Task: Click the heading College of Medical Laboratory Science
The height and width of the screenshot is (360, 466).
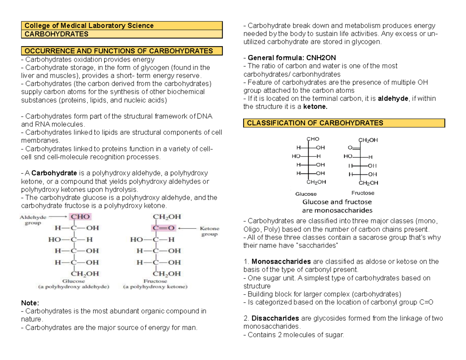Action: click(89, 26)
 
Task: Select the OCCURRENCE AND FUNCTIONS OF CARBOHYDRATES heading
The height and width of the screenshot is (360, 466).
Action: click(119, 51)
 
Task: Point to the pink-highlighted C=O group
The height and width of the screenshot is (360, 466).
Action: click(164, 228)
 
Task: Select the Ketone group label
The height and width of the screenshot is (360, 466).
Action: click(209, 231)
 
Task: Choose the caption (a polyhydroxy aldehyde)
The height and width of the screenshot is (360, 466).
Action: click(73, 287)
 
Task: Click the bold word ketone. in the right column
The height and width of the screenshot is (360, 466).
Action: click(316, 107)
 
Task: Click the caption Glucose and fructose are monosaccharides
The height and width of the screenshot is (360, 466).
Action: click(337, 206)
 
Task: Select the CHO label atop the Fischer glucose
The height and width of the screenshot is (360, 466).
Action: click(313, 139)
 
